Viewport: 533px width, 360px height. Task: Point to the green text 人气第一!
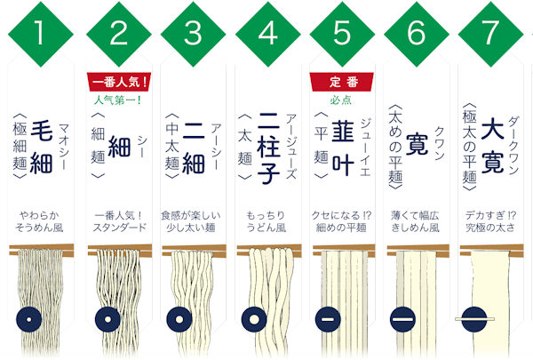tap(121, 100)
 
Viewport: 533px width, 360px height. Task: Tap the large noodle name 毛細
tap(42, 135)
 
